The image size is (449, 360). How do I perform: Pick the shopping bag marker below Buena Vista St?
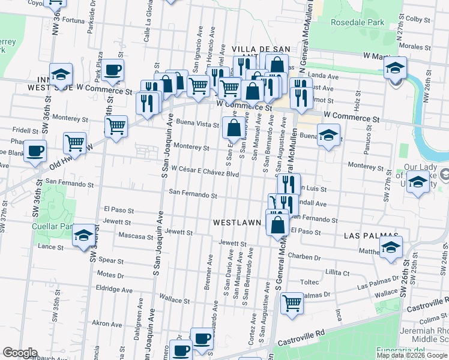pos(234,127)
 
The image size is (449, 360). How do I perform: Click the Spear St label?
pos(111,261)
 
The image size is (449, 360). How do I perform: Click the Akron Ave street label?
pos(107,323)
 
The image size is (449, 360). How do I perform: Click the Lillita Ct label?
pos(337,272)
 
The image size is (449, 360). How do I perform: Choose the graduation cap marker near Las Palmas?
pos(391,247)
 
